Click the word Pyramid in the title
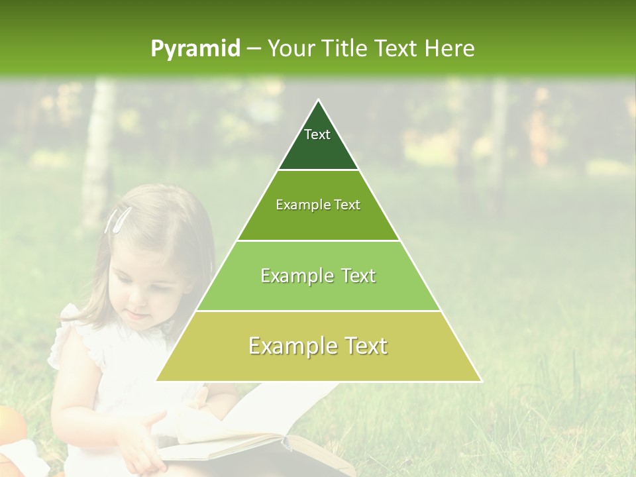195,48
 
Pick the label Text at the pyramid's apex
317,134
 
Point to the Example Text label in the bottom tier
318,346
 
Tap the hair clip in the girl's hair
117,219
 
